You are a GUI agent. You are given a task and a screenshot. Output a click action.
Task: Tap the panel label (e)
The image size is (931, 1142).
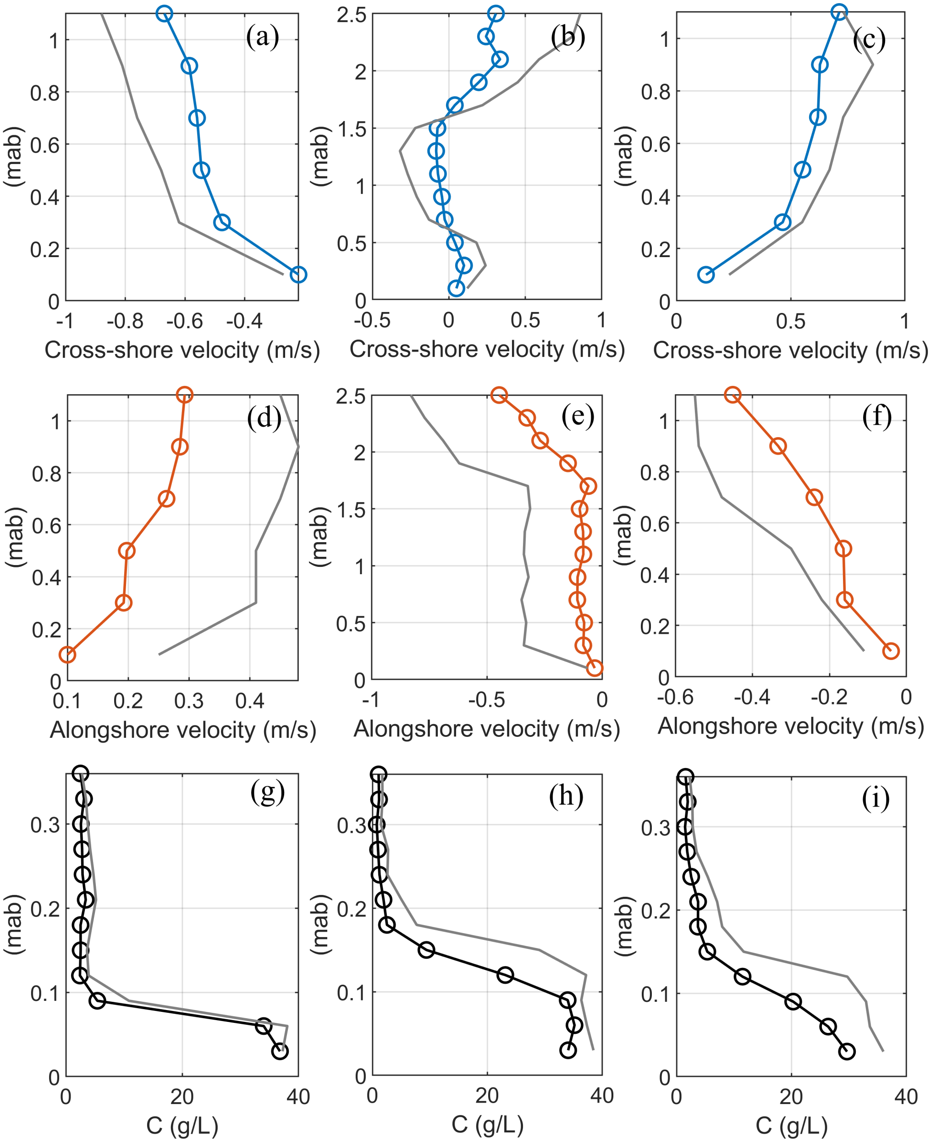pyautogui.click(x=578, y=416)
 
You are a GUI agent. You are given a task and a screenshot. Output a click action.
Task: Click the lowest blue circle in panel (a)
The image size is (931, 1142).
pyautogui.click(x=298, y=275)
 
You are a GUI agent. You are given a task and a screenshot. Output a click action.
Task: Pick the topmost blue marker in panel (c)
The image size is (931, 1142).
pyautogui.click(x=839, y=12)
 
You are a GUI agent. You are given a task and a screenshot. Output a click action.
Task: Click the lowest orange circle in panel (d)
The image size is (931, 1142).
pyautogui.click(x=67, y=655)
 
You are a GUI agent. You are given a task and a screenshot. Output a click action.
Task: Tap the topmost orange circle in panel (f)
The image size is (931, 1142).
pyautogui.click(x=733, y=395)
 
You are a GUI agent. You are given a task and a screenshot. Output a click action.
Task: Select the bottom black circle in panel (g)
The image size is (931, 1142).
pyautogui.click(x=280, y=1051)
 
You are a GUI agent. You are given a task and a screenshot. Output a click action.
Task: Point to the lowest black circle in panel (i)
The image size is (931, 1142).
pyautogui.click(x=846, y=1051)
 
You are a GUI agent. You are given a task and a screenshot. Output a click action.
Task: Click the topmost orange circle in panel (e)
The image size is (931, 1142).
pyautogui.click(x=499, y=395)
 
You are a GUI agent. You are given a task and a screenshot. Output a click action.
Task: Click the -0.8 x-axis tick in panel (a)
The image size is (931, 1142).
pyautogui.click(x=125, y=321)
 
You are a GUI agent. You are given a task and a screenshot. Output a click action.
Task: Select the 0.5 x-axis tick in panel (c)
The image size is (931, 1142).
pyautogui.click(x=790, y=321)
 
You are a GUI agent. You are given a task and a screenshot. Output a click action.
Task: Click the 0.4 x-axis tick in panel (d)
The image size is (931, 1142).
pyautogui.click(x=250, y=700)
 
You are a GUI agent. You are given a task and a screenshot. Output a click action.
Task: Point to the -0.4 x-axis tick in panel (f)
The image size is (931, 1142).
pyautogui.click(x=752, y=697)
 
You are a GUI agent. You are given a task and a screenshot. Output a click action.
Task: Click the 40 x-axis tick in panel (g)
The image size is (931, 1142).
pyautogui.click(x=298, y=1097)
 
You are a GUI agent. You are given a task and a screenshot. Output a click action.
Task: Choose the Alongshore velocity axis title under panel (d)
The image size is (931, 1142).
pyautogui.click(x=183, y=730)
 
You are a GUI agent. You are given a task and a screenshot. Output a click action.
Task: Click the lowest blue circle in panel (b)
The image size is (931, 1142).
pyautogui.click(x=456, y=288)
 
